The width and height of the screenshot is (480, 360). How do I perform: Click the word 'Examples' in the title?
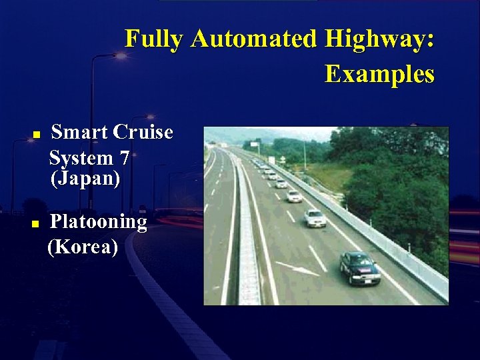click(379, 74)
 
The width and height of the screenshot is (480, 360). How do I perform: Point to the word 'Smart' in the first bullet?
click(79, 133)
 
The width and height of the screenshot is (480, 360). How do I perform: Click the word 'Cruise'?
click(143, 133)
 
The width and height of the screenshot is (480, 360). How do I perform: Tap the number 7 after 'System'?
click(125, 159)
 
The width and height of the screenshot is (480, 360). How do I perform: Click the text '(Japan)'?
click(85, 179)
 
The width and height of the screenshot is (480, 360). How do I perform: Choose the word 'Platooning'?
click(99, 222)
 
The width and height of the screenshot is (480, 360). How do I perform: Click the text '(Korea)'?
click(83, 247)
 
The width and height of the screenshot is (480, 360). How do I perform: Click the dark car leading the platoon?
click(359, 268)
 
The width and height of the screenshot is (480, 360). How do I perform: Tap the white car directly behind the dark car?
click(315, 218)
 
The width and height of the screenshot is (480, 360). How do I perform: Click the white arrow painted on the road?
click(297, 269)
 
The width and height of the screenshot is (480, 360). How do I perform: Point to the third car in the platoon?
click(293, 196)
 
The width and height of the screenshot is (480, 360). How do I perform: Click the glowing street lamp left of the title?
click(120, 56)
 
